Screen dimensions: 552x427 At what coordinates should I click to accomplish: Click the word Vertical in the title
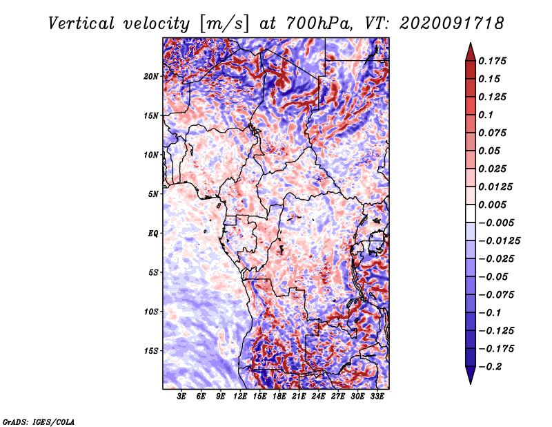coord(81,23)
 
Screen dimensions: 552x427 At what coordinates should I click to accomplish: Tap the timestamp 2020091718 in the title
coord(452,23)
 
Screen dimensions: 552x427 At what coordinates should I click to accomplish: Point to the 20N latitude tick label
coord(151,77)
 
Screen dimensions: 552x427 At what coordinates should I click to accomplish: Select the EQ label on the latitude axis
coord(152,234)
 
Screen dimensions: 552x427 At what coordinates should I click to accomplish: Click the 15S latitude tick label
coord(151,351)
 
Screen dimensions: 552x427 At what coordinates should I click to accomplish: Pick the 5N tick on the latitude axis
coord(153,194)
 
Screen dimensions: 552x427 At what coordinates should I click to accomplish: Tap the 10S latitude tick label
coord(151,312)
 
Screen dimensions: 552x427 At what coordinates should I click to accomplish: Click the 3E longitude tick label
coord(181,397)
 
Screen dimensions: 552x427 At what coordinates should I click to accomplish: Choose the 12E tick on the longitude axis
coord(239,397)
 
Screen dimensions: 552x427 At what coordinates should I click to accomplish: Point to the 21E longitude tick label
coord(299,397)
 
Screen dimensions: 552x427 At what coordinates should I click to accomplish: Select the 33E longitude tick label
coord(377,397)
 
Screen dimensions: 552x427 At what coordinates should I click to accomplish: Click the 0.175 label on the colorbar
coord(492,61)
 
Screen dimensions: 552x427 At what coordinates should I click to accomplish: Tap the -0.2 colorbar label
coord(489,367)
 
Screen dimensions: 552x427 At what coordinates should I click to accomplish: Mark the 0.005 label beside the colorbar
coord(492,205)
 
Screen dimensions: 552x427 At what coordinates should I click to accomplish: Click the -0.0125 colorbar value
coord(499,241)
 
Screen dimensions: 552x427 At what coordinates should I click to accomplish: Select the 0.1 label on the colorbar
coord(486,115)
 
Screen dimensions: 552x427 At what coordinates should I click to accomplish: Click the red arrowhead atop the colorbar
coord(471,52)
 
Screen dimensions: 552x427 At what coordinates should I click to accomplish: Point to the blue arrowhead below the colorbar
coord(471,375)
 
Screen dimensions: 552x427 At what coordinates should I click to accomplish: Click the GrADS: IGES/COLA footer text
coord(39,422)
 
